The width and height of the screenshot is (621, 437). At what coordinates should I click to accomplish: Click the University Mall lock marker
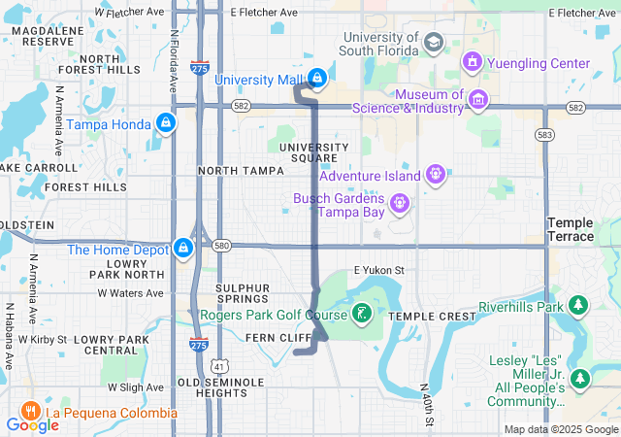[316, 77]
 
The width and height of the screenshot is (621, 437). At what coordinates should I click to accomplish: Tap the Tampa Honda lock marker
[166, 123]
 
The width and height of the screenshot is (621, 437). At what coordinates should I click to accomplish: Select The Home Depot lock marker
[182, 250]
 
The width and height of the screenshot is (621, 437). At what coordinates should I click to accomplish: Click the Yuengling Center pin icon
[473, 63]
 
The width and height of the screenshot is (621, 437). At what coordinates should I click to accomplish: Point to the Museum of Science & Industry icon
[477, 99]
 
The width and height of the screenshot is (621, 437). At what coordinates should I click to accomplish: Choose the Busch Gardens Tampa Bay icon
[399, 205]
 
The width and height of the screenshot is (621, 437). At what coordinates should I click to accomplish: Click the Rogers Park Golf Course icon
[361, 313]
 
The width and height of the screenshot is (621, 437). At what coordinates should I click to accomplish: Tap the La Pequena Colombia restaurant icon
[29, 412]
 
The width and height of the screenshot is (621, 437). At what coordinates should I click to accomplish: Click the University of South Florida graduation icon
[433, 42]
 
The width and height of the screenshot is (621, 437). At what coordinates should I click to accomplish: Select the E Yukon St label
[378, 269]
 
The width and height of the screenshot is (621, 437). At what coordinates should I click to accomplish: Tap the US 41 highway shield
[219, 366]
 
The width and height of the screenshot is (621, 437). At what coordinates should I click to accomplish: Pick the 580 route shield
[222, 246]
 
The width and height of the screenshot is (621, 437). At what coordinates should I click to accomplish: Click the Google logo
[32, 425]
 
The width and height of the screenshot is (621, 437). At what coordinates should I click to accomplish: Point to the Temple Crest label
[431, 317]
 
